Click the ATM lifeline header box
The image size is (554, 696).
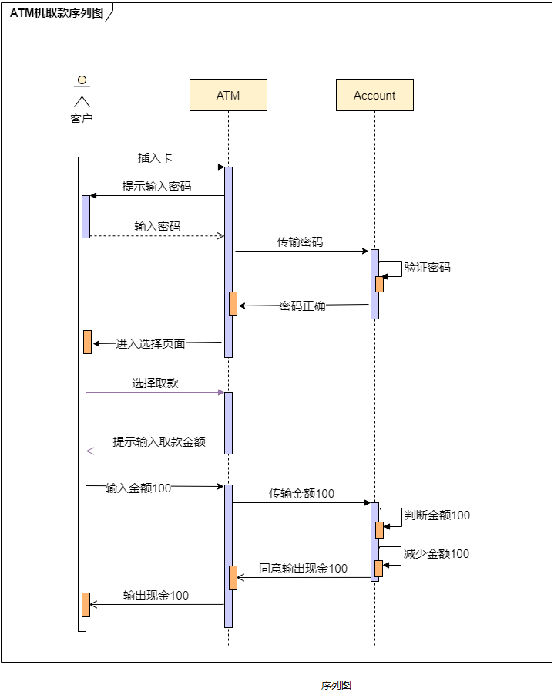[x=228, y=96]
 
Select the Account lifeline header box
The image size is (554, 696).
[x=374, y=96]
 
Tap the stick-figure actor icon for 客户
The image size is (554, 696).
[x=82, y=91]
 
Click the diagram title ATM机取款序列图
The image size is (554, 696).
[x=56, y=12]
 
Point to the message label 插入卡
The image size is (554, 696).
[x=155, y=158]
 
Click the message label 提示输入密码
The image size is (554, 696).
[x=156, y=187]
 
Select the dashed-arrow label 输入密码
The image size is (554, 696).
[x=157, y=227]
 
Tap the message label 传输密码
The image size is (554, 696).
[x=301, y=242]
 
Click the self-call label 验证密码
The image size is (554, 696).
[x=427, y=268]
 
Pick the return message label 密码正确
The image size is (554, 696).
[x=302, y=306]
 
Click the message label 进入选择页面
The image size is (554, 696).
[x=150, y=343]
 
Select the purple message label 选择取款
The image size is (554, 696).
[x=155, y=383]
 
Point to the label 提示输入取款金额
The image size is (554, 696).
[x=159, y=442]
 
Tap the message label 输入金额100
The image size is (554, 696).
[x=138, y=488]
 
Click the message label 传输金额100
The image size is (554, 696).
[x=301, y=494]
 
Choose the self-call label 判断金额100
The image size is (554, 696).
[x=437, y=515]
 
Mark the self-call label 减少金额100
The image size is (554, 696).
[x=436, y=554]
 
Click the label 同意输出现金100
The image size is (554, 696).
[x=303, y=569]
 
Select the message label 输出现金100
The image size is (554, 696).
[x=156, y=596]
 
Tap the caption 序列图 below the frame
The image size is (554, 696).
[x=336, y=685]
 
